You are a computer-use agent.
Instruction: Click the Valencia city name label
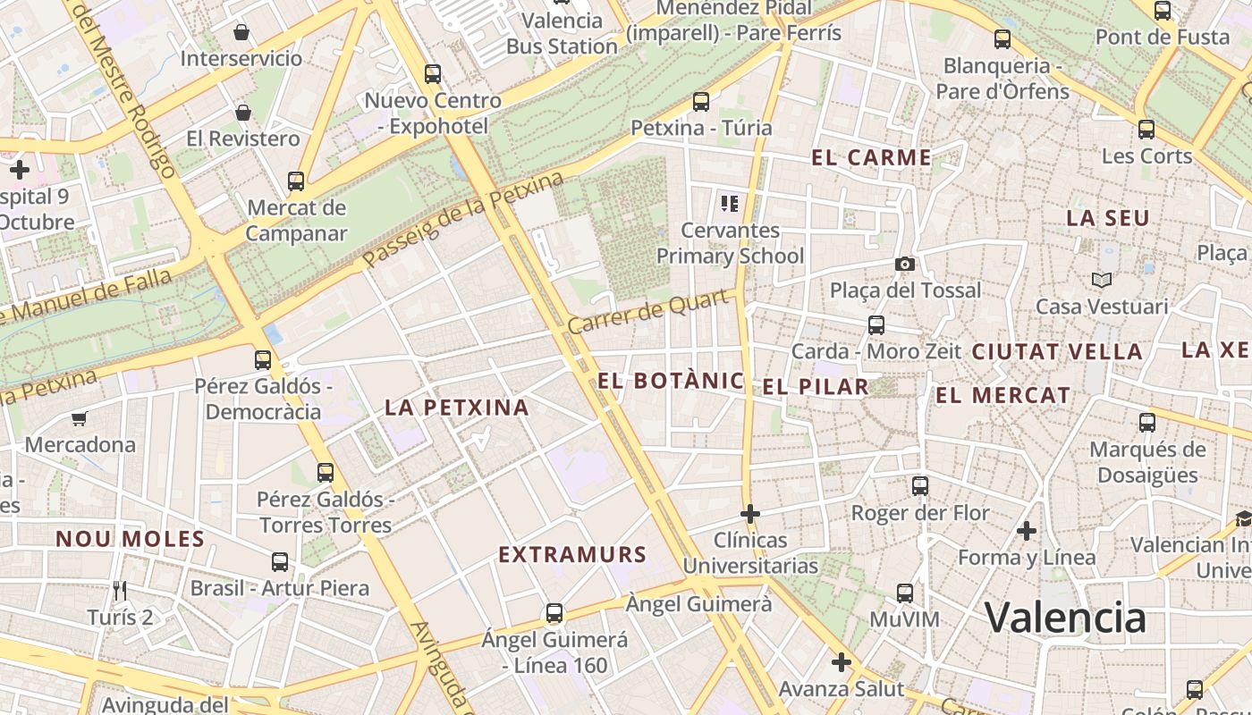[1065, 618]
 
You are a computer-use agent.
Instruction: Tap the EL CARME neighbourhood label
[871, 158]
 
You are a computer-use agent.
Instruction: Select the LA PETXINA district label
[457, 408]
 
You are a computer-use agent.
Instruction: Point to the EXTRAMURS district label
[572, 555]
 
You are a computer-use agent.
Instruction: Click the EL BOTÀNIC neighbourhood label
[670, 381]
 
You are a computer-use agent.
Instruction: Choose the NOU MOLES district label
[131, 539]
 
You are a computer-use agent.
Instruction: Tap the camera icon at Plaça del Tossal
[905, 264]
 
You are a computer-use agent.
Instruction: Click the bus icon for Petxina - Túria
[701, 102]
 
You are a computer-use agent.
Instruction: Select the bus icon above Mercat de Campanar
[296, 181]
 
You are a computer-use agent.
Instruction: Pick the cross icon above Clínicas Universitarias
[750, 514]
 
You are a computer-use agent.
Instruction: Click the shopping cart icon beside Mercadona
[80, 418]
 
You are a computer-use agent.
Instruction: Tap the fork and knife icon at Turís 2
[121, 590]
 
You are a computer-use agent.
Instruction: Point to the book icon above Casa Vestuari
[1102, 281]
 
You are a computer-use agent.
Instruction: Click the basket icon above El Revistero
[242, 113]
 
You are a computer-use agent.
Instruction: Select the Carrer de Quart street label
[648, 312]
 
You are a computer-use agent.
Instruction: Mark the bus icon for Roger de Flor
[920, 486]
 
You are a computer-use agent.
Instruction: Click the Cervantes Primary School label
[731, 243]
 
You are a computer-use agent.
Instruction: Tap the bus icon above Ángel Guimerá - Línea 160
[554, 613]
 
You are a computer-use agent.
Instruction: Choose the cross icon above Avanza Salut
[841, 662]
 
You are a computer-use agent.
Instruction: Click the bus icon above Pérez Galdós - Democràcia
[263, 360]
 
